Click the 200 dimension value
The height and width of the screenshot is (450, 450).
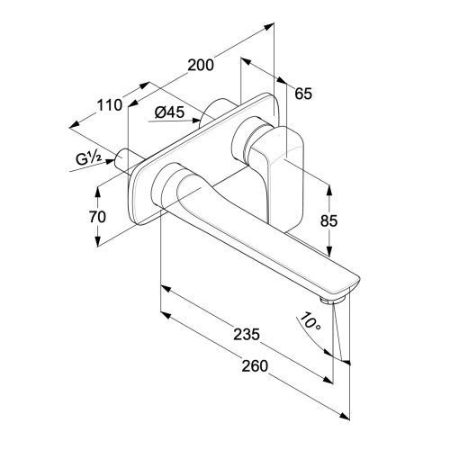(201, 65)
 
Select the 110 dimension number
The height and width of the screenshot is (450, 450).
(110, 105)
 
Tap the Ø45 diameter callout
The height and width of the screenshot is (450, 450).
(169, 112)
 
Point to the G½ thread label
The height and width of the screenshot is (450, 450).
(89, 158)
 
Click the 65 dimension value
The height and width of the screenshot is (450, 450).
(303, 94)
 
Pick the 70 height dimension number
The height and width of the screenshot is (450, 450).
(97, 217)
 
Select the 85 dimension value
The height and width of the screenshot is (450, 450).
(328, 220)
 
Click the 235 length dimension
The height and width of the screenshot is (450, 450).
(247, 335)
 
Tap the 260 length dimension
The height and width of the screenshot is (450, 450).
(255, 366)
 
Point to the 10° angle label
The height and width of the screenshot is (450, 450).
(310, 322)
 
